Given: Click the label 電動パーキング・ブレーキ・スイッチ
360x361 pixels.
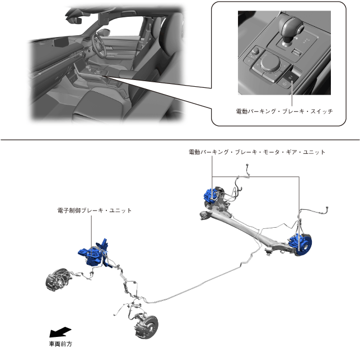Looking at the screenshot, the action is click(284, 111).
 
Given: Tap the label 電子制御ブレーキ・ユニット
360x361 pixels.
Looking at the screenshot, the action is click(95, 210).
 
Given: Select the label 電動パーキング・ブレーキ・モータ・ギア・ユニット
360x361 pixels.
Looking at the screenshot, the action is click(257, 152).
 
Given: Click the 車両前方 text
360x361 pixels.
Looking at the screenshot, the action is click(60, 344).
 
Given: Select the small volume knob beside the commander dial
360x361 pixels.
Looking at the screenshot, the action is click(256, 50).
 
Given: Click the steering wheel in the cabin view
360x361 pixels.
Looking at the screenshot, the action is click(99, 45).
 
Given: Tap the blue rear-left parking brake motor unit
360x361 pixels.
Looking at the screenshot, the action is click(210, 196).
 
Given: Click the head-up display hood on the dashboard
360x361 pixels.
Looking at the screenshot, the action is click(61, 42).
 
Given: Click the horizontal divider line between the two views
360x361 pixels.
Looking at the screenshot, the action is click(180, 139).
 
